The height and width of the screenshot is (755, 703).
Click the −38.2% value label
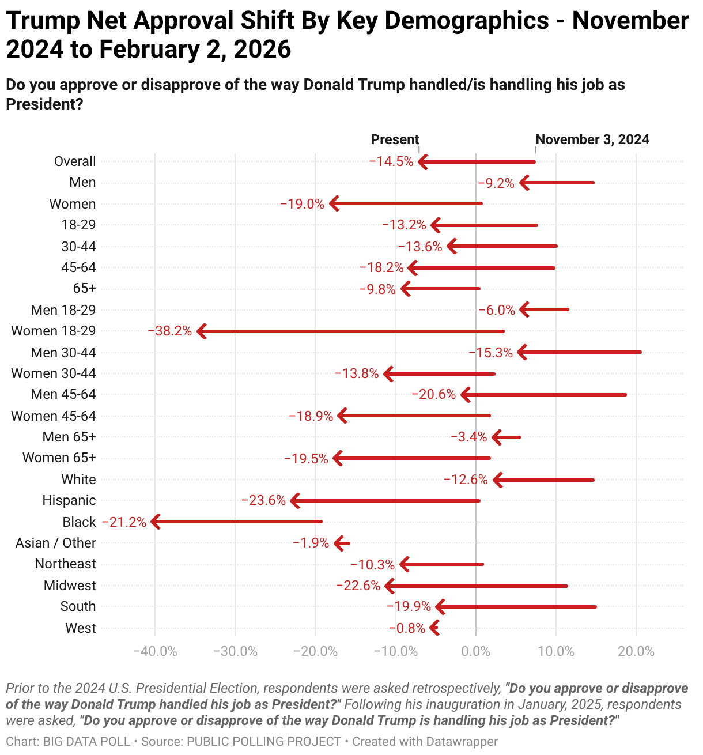click(x=170, y=331)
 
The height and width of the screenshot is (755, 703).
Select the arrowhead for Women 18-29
click(x=201, y=331)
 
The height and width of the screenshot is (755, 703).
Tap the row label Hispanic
click(x=69, y=500)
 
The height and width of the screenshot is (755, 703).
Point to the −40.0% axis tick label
click(x=155, y=652)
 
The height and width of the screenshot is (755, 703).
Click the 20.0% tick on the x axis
click(x=636, y=652)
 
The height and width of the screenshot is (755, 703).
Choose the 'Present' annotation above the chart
click(x=395, y=139)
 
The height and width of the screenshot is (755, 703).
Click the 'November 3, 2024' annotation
click(x=592, y=139)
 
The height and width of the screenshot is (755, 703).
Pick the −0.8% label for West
click(x=407, y=628)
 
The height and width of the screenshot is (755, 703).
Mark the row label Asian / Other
click(x=56, y=543)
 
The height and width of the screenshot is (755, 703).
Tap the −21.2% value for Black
click(x=124, y=522)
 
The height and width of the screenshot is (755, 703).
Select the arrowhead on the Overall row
click(x=422, y=162)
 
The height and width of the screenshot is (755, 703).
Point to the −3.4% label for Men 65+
click(x=469, y=437)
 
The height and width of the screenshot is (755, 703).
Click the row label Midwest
click(x=70, y=586)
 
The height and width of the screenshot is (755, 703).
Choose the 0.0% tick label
click(x=476, y=652)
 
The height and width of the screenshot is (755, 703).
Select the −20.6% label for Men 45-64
click(x=434, y=395)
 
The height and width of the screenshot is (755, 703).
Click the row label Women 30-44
click(x=54, y=373)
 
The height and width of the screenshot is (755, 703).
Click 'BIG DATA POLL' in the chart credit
click(x=86, y=742)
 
